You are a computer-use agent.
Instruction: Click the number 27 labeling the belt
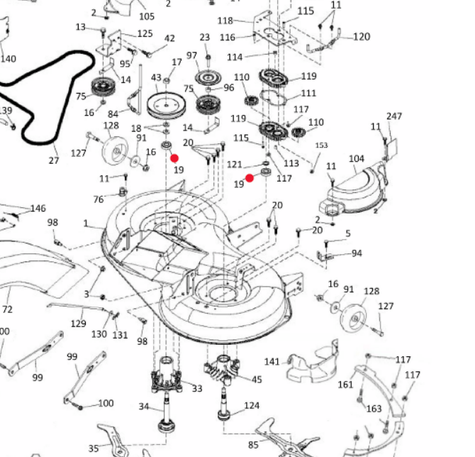coord(54,160)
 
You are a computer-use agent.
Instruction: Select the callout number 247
coord(394,116)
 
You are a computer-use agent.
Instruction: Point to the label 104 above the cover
coord(357,158)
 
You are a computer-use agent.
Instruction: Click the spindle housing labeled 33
coord(167,375)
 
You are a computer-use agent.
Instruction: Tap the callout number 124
coord(252,405)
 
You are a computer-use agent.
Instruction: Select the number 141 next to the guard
coord(272,361)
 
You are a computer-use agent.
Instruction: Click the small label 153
coord(321,145)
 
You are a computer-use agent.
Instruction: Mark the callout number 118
coord(225,21)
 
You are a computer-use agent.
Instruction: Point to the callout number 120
coord(362,37)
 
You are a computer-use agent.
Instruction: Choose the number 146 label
coord(38,209)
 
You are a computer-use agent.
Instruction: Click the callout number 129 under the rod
coord(79,324)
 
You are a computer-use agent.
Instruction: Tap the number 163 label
coord(374,409)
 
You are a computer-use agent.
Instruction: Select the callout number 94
coord(357,253)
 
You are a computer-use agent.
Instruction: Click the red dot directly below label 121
coord(250,178)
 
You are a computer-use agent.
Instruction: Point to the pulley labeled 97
coord(208,77)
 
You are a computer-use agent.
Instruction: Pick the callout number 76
coord(99,199)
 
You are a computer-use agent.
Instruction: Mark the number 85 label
coord(253,445)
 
